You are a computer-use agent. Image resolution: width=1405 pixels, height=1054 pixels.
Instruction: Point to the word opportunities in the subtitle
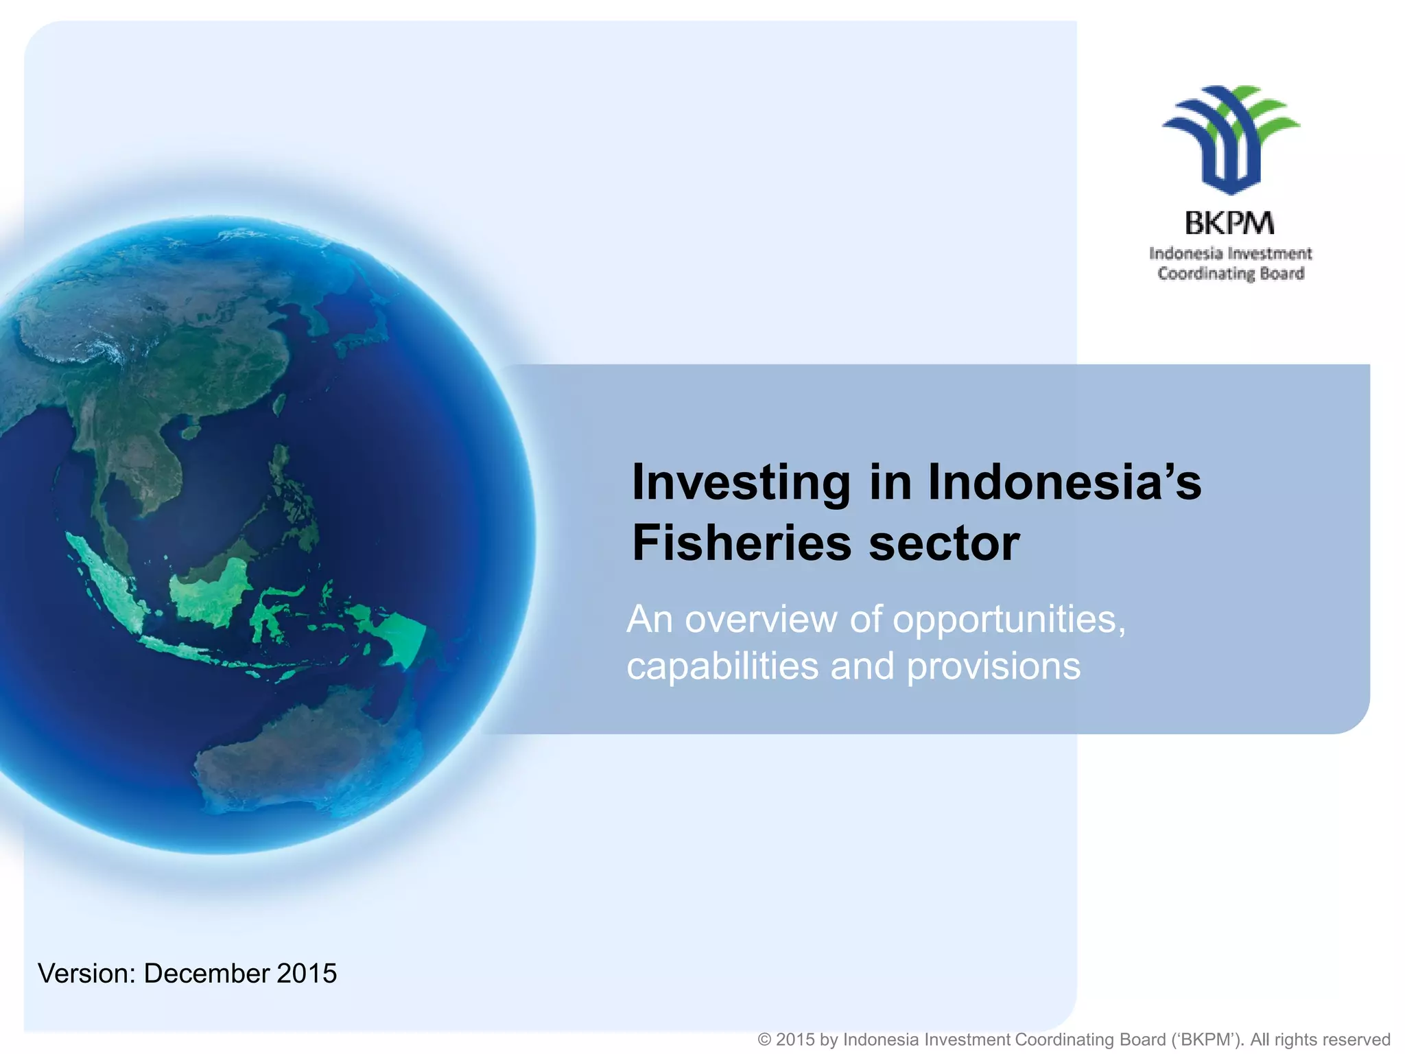pos(1008,620)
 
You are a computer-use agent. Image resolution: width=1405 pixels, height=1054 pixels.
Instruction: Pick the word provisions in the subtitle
pos(993,666)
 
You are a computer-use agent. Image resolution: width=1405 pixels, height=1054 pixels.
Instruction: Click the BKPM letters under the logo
pos(1229,223)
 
